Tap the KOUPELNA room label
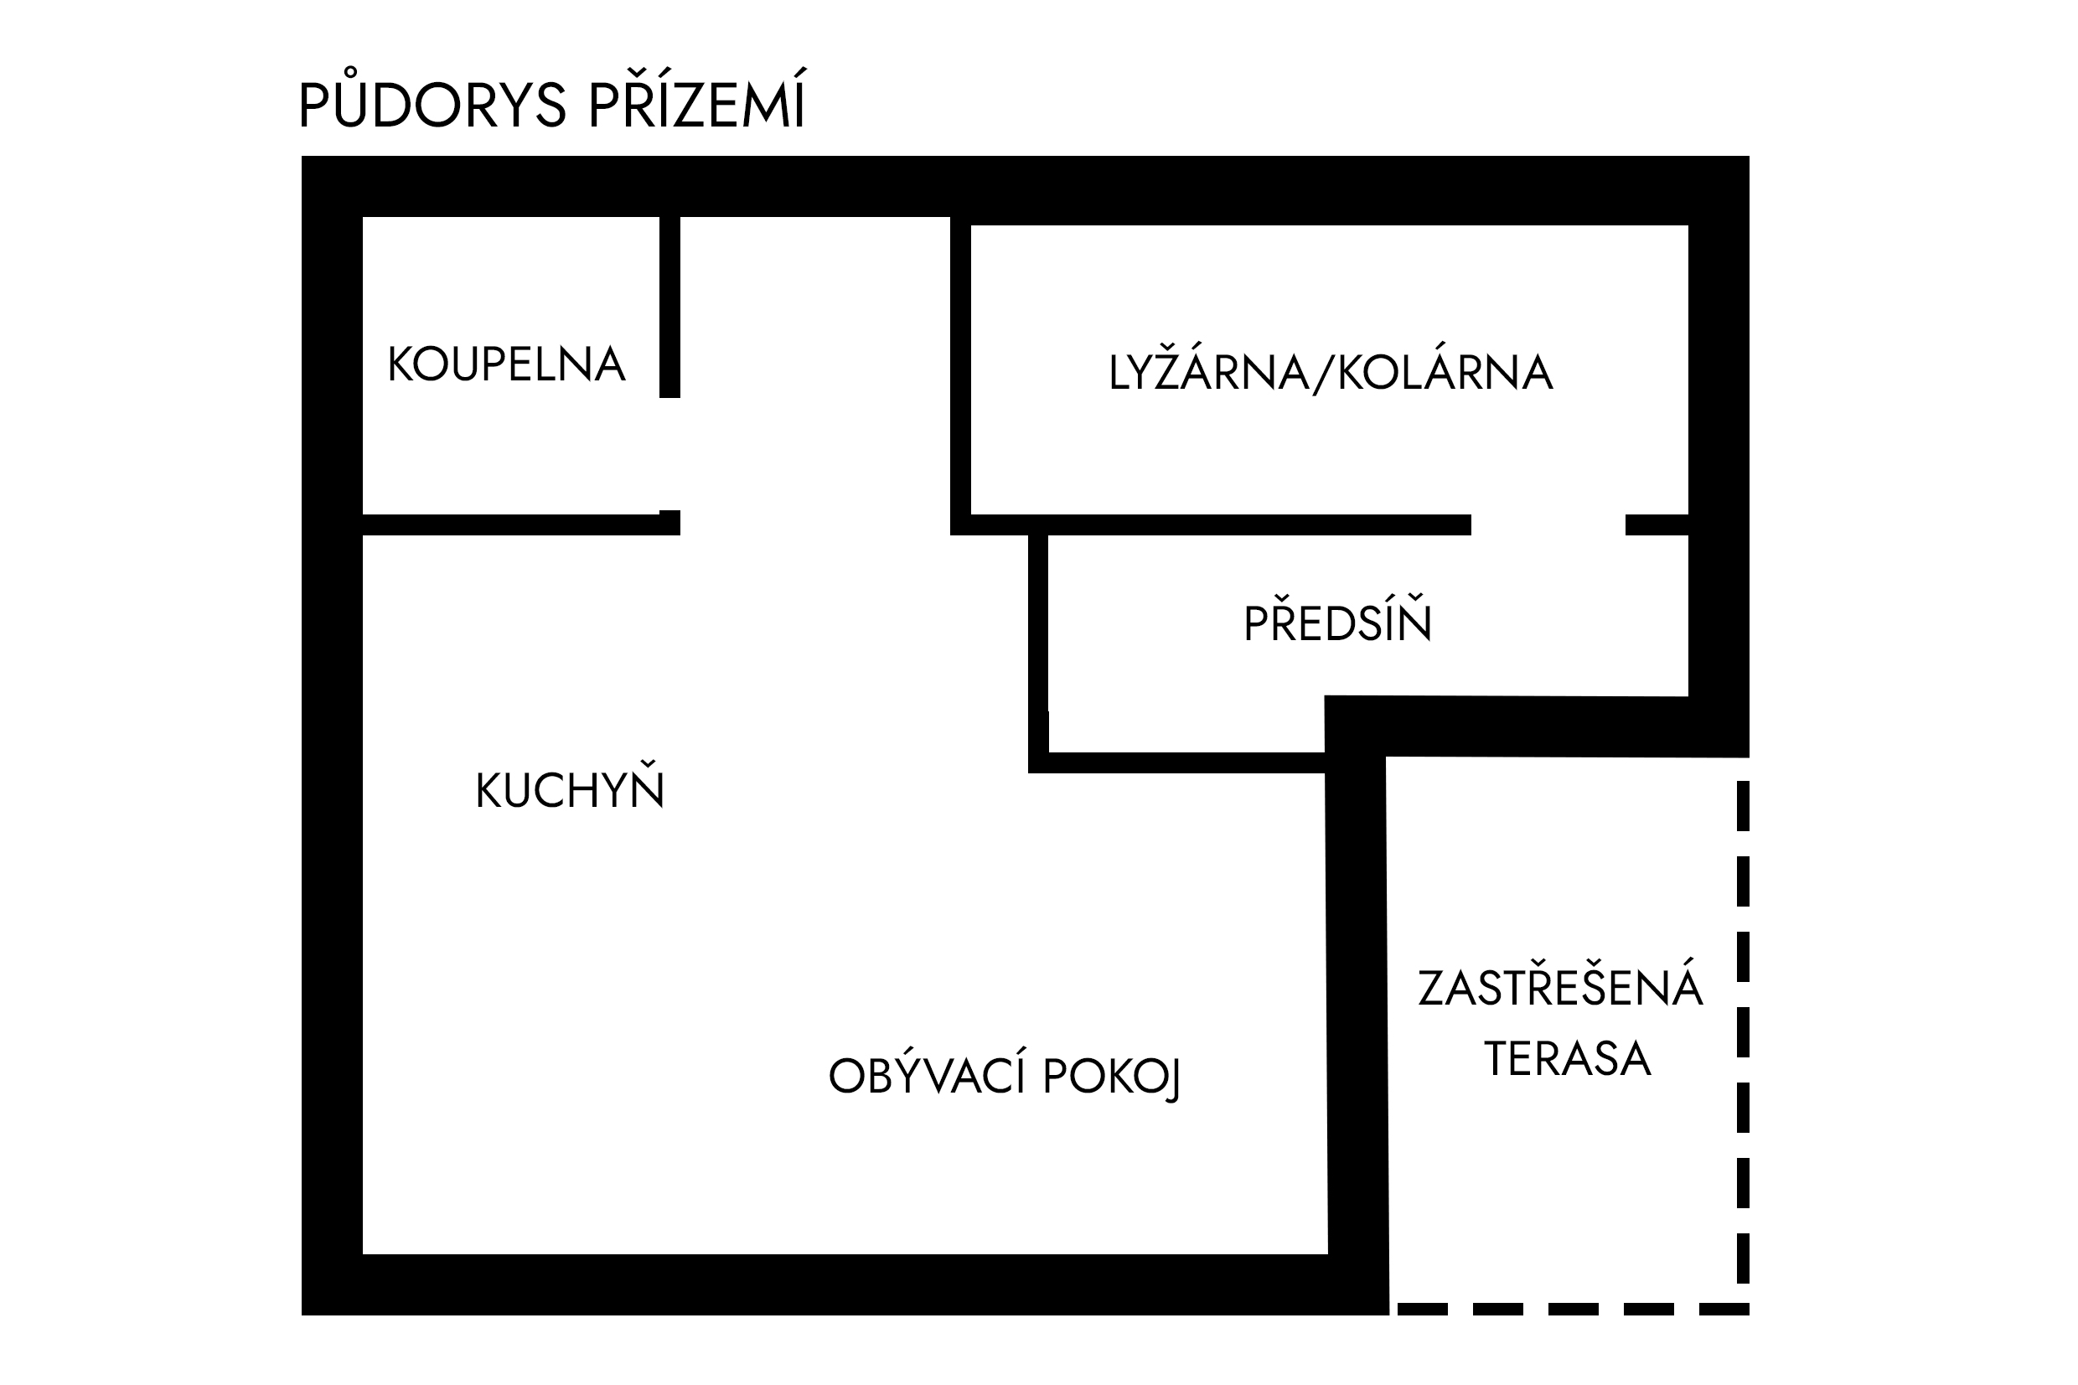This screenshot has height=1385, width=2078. coord(507,364)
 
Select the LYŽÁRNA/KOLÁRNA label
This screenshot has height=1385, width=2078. coord(1331,370)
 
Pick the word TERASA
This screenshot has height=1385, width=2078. coord(1568,1058)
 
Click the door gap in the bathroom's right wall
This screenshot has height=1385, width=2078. coord(669,454)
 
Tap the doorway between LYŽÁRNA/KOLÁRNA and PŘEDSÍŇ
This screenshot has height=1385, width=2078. coord(1548,525)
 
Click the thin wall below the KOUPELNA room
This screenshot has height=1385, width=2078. coord(521,525)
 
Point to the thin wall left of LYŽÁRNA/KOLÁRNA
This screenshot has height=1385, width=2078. coord(961,375)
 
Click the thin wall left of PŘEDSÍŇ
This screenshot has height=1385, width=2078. coord(1038,654)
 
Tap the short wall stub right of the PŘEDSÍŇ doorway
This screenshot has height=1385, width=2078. coord(1657,525)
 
